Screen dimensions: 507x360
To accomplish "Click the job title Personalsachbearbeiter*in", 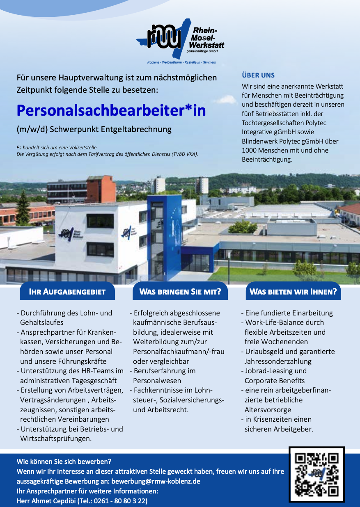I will pos(111,111).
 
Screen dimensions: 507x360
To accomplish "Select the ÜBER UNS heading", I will pos(258,75).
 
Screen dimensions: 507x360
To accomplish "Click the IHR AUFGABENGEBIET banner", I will pos(67,292).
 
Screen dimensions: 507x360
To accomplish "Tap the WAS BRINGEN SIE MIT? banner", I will pos(180,292).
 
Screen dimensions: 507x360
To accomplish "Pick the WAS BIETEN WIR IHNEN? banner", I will pos(293,292).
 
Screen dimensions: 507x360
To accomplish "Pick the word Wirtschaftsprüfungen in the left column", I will pos(56,438).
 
